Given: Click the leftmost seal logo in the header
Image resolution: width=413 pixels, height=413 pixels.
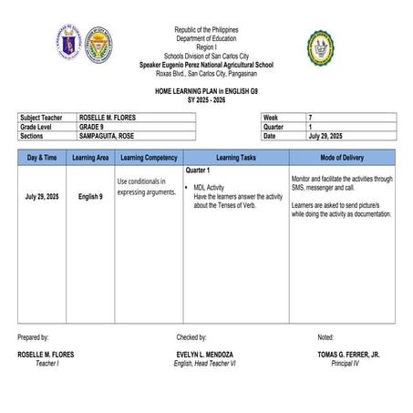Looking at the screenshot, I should click(x=69, y=44).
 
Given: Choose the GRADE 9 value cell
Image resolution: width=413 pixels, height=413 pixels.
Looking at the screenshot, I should click(x=93, y=127).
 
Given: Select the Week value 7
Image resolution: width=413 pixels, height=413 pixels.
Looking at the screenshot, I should click(x=310, y=118).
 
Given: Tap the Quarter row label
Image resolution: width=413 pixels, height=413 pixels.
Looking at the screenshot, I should click(x=275, y=127).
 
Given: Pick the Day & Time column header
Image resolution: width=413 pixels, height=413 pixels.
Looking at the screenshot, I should click(x=43, y=158).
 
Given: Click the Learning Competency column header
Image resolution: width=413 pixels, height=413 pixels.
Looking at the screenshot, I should click(x=149, y=158).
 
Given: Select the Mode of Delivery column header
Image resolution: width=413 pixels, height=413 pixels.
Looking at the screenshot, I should click(x=341, y=158).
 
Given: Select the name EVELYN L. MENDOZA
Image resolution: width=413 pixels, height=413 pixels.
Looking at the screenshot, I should click(x=205, y=354).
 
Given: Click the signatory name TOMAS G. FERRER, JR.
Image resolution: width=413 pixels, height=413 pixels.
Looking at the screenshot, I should click(x=348, y=354).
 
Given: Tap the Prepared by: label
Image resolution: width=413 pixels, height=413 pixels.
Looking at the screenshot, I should click(x=34, y=337).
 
